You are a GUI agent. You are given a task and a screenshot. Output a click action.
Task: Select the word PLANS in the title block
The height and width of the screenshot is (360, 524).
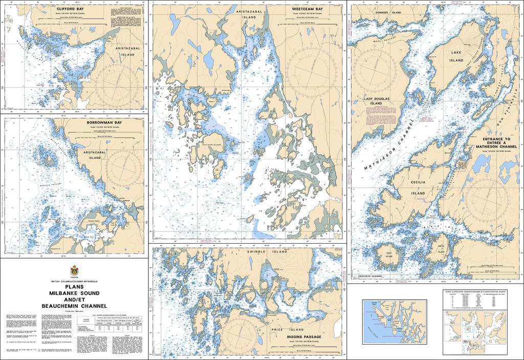pyautogui.click(x=75, y=287)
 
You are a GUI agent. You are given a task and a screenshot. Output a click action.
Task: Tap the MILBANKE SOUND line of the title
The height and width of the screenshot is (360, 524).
pyautogui.click(x=75, y=293)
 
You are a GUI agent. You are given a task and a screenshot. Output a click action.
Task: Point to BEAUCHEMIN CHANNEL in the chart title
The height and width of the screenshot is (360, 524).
pyautogui.click(x=75, y=306)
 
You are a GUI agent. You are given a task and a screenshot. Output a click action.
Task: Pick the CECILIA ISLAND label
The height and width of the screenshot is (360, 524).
pyautogui.click(x=418, y=187)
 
